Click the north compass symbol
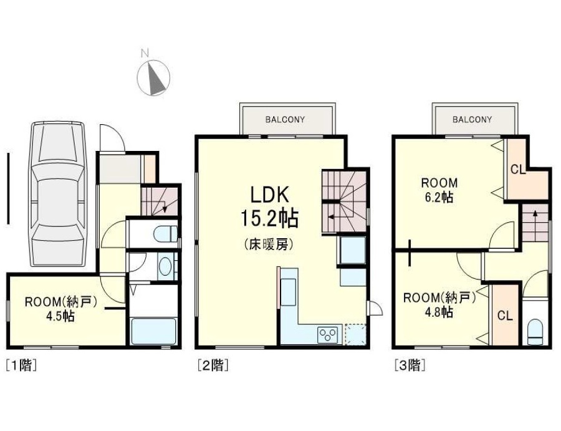pyautogui.click(x=154, y=77)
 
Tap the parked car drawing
pyautogui.click(x=57, y=195)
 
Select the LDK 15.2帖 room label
pyautogui.click(x=269, y=207)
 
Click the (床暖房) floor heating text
pyautogui.click(x=269, y=245)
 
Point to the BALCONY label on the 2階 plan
pyautogui.click(x=285, y=120)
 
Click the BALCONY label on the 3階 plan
pyautogui.click(x=472, y=120)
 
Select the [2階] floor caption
pyautogui.click(x=213, y=365)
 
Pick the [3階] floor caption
pyautogui.click(x=410, y=365)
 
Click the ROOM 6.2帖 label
pyautogui.click(x=439, y=190)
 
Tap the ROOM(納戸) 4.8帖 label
pyautogui.click(x=439, y=305)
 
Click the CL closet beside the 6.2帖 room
pyautogui.click(x=518, y=169)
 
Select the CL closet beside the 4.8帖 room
pyautogui.click(x=505, y=316)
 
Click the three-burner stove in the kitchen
pyautogui.click(x=328, y=334)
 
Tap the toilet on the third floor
pyautogui.click(x=535, y=332)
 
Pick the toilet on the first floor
pyautogui.click(x=165, y=233)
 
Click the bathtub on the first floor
pyautogui.click(x=154, y=331)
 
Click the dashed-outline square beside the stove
pyautogui.click(x=355, y=334)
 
